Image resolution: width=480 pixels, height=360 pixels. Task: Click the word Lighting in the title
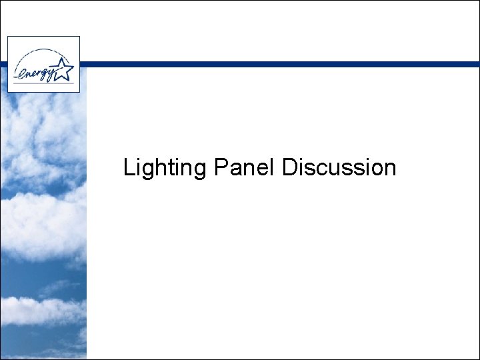pyautogui.click(x=165, y=168)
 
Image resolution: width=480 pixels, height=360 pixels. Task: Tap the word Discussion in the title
pyautogui.click(x=339, y=167)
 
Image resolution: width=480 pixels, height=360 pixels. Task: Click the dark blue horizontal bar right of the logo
pyautogui.click(x=280, y=64)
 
